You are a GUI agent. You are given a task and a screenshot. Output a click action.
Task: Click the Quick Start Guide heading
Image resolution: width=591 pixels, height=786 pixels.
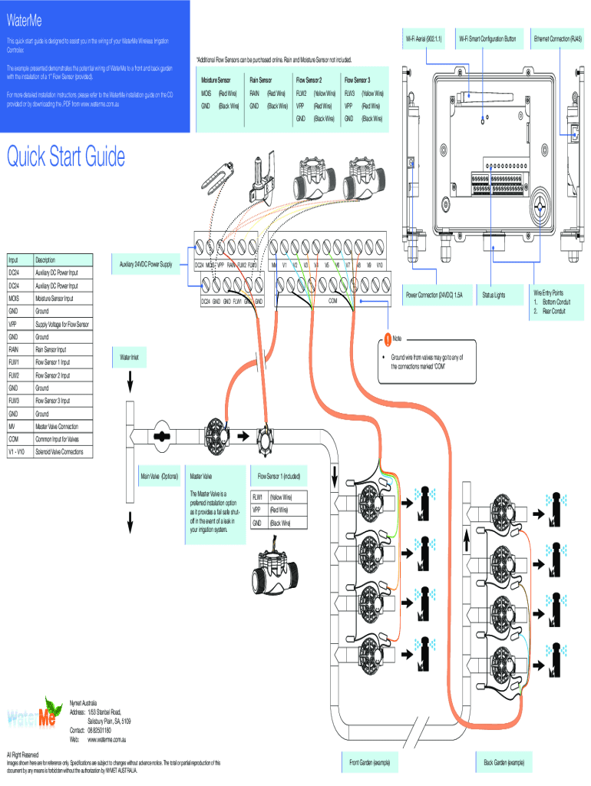point(66,157)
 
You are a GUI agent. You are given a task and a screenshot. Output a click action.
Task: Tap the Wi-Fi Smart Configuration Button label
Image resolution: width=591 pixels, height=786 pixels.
point(488,38)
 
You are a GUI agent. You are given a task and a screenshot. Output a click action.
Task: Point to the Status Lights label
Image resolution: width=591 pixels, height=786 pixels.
point(494,294)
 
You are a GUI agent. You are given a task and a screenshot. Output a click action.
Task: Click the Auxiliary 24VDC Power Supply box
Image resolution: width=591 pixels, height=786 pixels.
point(146,264)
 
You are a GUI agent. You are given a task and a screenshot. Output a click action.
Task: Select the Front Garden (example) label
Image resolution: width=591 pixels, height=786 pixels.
point(371,762)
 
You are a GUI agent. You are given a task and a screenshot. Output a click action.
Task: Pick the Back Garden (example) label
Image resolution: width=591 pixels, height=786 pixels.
point(504,762)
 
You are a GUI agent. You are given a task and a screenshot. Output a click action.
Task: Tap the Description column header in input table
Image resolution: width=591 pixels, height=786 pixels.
point(46,259)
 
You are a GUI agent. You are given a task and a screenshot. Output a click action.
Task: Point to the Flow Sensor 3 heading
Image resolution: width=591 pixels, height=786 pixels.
point(358,79)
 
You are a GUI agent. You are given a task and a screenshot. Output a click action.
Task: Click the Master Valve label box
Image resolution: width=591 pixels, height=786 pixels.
point(201,476)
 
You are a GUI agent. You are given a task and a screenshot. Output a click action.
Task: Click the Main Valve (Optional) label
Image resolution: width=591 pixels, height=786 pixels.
point(160,476)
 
